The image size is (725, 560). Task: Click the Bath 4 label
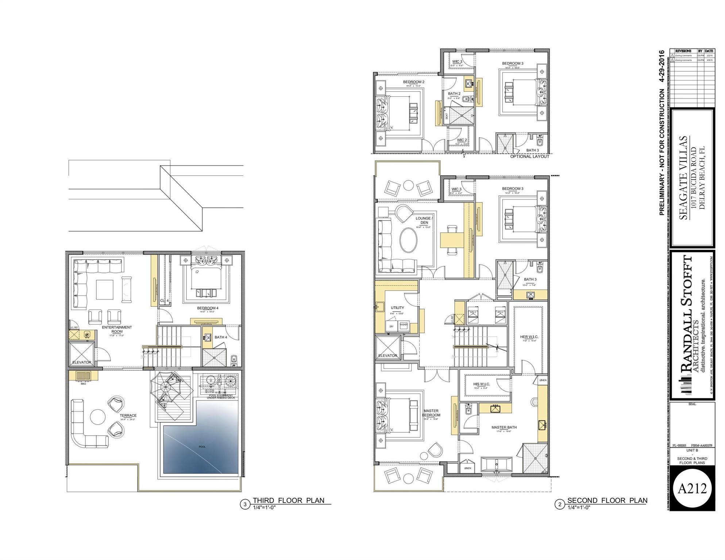[x=220, y=337]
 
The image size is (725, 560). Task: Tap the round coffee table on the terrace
[x=97, y=417]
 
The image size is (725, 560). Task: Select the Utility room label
[x=397, y=308]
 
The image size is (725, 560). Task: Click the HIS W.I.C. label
[x=481, y=384]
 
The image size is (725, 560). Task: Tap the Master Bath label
[x=504, y=427]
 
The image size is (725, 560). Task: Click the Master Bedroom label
[x=431, y=413]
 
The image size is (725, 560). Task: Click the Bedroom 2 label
[x=413, y=82]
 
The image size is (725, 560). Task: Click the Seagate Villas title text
[x=683, y=178]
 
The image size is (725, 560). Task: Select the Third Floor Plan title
[x=288, y=501]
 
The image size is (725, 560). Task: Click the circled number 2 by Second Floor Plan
[x=559, y=505]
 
